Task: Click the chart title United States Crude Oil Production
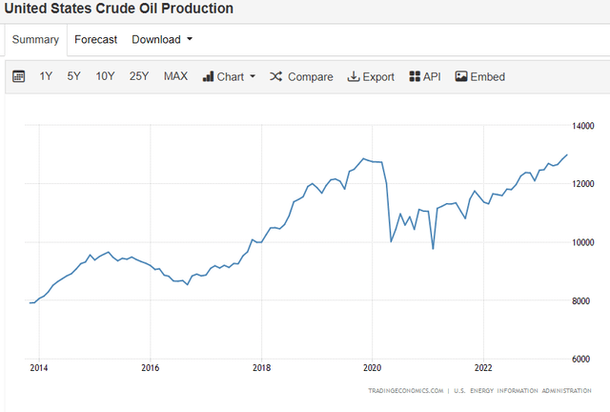119,9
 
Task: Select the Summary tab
35,39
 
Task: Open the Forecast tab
96,39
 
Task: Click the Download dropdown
162,39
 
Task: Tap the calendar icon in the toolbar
18,76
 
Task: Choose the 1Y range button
46,76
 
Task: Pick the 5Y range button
73,76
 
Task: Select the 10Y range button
105,76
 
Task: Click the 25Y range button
139,76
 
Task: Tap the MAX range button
175,76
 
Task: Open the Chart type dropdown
229,76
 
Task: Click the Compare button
301,76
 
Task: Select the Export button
371,76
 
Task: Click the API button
425,76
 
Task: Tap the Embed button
480,76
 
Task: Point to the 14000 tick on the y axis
584,125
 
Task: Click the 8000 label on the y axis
582,300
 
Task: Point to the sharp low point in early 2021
433,249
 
